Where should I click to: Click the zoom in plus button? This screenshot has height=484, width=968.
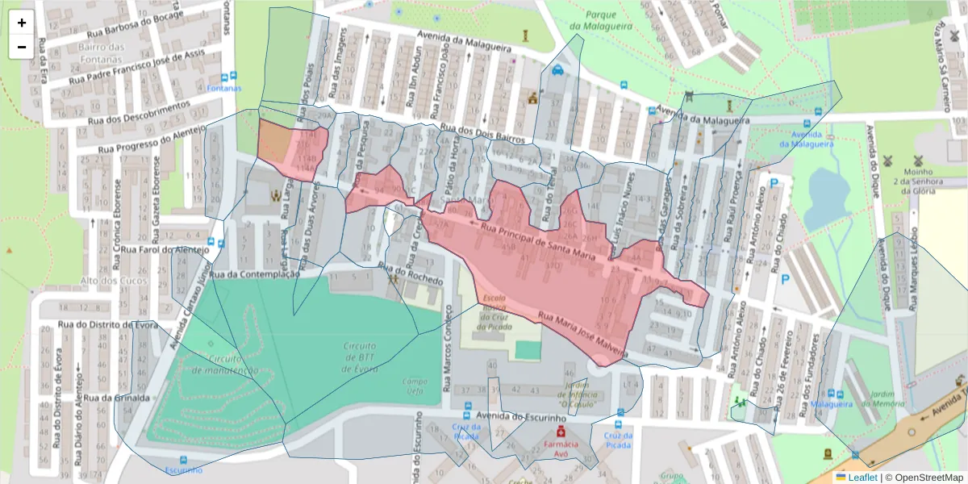coord(22,23)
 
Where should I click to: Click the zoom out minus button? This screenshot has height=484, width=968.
coord(22,47)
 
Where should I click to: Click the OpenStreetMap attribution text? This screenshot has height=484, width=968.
coord(924,478)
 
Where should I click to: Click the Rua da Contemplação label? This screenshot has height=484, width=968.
coord(254,274)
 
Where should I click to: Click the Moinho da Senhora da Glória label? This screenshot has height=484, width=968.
coord(918,181)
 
